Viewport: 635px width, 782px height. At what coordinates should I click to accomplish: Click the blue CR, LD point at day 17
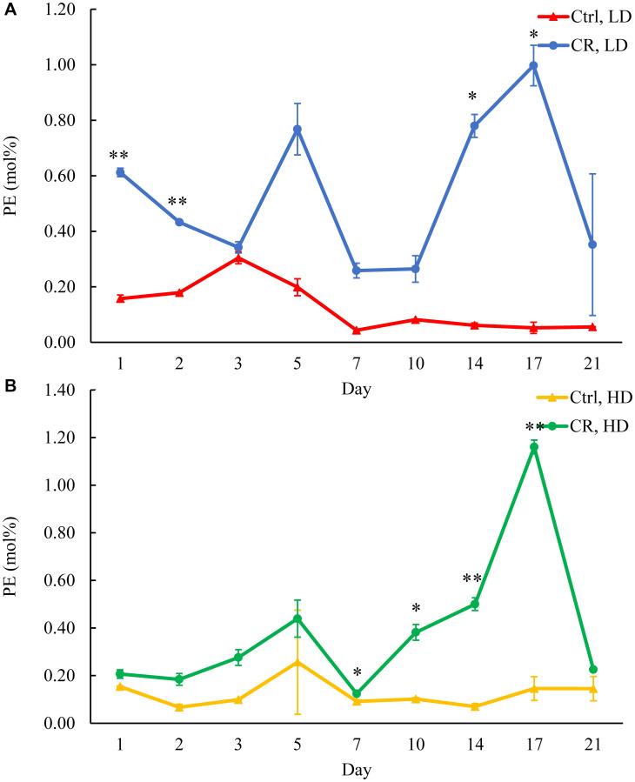(533, 65)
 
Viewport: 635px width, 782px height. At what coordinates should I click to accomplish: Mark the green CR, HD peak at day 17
(533, 447)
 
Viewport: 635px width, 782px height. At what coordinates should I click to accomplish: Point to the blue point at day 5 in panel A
(297, 129)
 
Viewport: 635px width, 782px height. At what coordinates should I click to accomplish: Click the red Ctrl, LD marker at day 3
(237, 257)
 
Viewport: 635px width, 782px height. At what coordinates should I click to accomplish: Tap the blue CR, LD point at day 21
(592, 244)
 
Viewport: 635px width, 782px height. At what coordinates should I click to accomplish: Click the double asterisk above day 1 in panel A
(119, 156)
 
